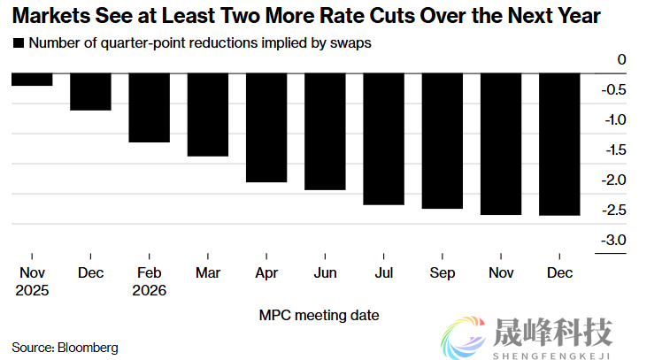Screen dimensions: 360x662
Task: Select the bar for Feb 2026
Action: click(x=149, y=108)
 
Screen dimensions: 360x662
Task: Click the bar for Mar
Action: click(x=207, y=115)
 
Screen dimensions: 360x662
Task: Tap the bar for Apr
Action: click(x=266, y=128)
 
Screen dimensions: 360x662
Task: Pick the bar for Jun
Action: click(x=324, y=132)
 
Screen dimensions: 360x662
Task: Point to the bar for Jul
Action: click(x=382, y=140)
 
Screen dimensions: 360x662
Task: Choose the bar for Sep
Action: click(x=443, y=142)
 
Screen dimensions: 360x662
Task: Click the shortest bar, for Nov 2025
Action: click(x=31, y=80)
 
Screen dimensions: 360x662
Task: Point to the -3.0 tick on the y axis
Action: click(x=615, y=241)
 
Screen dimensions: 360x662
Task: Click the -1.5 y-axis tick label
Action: click(x=615, y=150)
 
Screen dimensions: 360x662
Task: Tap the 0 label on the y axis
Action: click(x=621, y=60)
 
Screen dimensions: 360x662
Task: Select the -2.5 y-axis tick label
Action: click(x=615, y=211)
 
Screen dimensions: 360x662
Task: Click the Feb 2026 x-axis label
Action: click(x=149, y=282)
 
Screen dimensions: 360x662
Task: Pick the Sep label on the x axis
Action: click(x=443, y=274)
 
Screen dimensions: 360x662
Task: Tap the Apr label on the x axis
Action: click(x=266, y=274)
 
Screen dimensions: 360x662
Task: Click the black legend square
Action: click(x=18, y=42)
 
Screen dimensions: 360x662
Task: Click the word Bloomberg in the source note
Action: click(x=88, y=347)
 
